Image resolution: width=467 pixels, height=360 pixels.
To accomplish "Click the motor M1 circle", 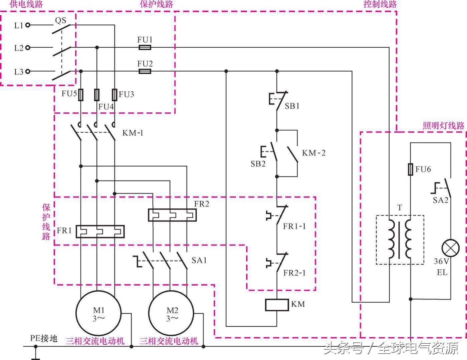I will tap(98, 314).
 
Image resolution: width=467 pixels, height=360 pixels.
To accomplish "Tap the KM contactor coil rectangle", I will tap(277, 305).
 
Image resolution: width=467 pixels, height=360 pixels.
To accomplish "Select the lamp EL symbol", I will tap(450, 248).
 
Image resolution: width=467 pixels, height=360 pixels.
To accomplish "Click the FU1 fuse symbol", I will tap(145, 47).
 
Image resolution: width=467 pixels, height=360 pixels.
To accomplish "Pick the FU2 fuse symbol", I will tap(145, 71).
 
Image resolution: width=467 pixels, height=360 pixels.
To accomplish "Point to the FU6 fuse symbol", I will tap(411, 169).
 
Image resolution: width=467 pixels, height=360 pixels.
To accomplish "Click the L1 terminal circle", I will tap(28, 25).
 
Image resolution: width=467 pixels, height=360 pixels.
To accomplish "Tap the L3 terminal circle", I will tap(28, 71).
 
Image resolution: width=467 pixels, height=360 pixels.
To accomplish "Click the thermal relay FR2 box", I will tap(172, 215).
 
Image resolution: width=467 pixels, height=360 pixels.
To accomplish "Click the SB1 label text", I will tap(292, 106).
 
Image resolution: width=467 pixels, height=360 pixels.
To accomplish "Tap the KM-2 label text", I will tap(313, 153).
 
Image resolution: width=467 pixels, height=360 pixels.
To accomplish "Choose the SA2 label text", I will tap(440, 200).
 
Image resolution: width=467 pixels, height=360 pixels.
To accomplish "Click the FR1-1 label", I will tap(294, 226).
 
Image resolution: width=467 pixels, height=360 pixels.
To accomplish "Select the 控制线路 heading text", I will tap(380, 4).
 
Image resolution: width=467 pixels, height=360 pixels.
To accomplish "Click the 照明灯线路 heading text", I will tap(443, 126).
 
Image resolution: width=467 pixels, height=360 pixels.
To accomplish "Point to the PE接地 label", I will tap(44, 338).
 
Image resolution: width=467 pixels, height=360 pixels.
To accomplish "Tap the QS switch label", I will tap(60, 21).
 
